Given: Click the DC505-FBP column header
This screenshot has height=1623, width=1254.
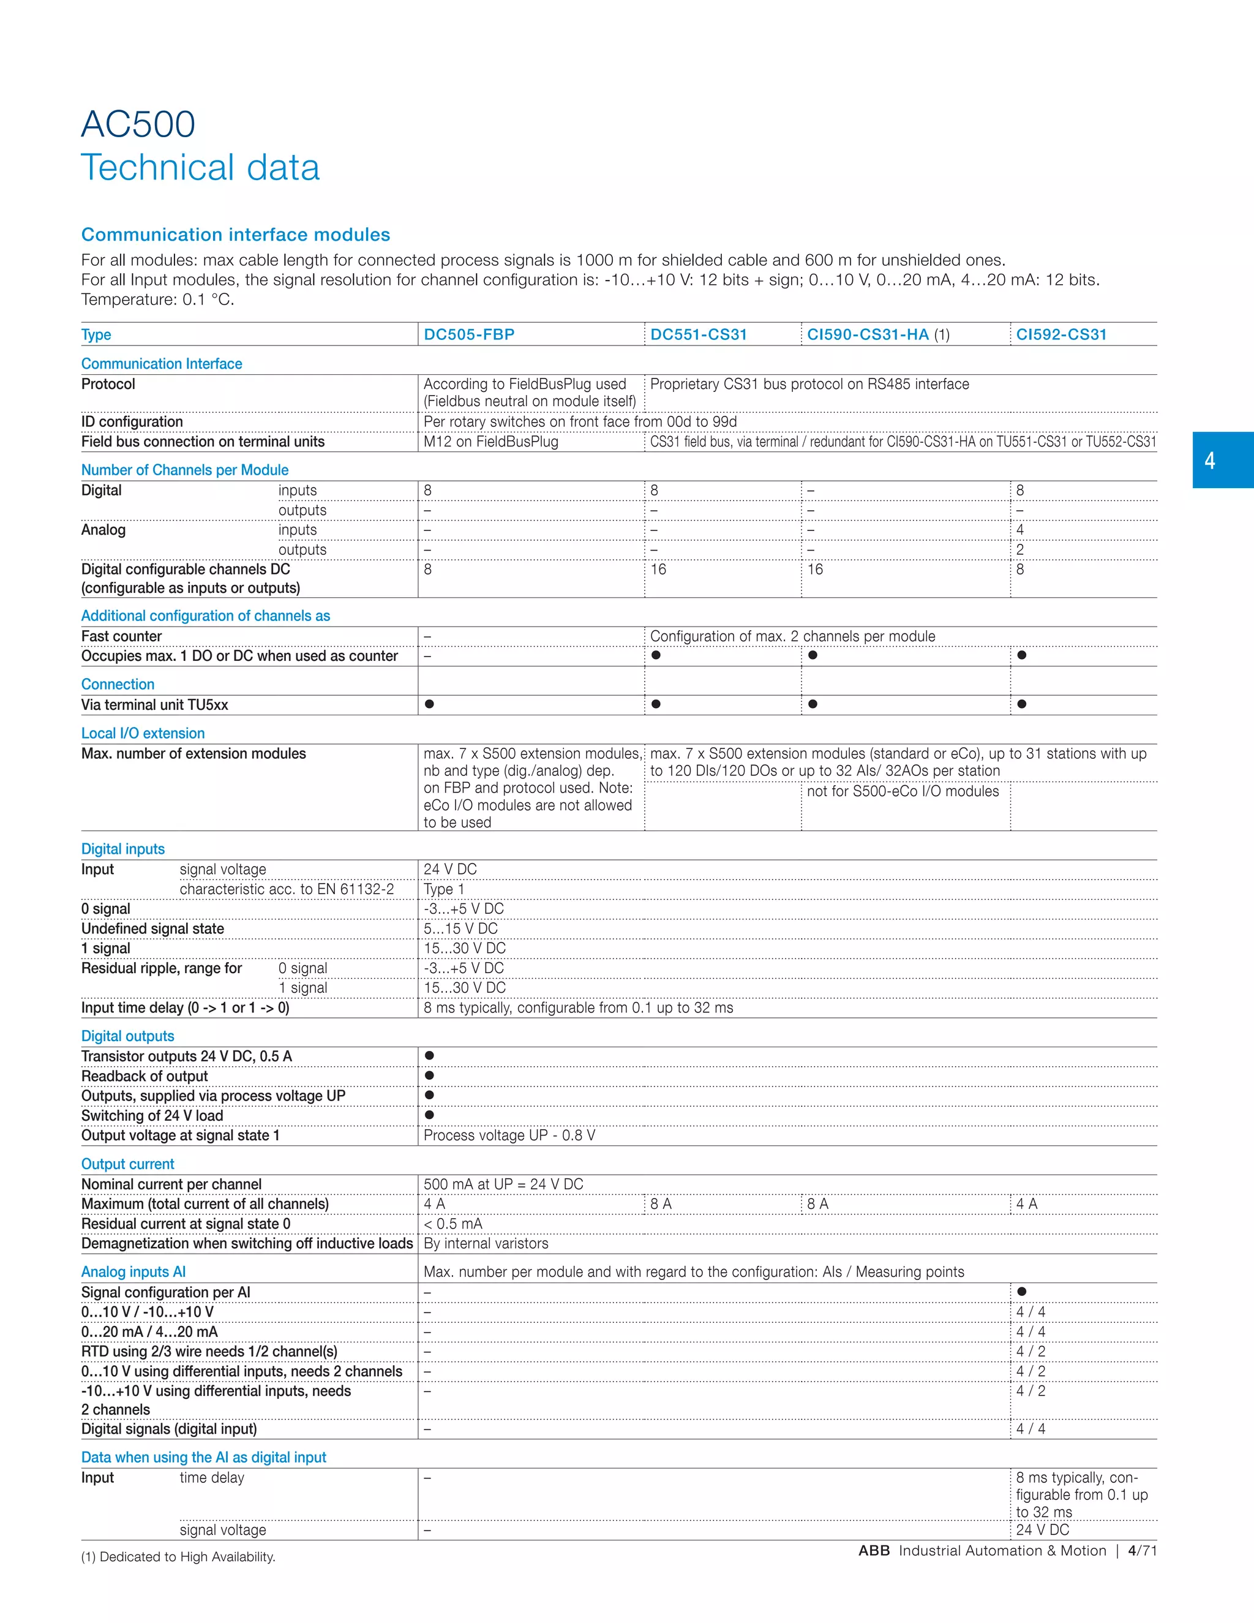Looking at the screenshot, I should pyautogui.click(x=469, y=334).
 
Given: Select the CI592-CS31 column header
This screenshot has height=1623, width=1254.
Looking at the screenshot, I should pyautogui.click(x=1061, y=334).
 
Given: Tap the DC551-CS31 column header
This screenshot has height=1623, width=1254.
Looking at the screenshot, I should pyautogui.click(x=698, y=334).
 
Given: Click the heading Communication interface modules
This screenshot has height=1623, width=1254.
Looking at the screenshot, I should pyautogui.click(x=236, y=235).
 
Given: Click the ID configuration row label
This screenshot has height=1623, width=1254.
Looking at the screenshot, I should pyautogui.click(x=132, y=421).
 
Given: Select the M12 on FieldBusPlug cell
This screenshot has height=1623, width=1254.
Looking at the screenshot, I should pyautogui.click(x=490, y=442).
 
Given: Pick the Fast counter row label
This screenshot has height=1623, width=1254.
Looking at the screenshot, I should pyautogui.click(x=121, y=636).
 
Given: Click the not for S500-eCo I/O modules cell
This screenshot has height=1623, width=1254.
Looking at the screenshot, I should pyautogui.click(x=903, y=791).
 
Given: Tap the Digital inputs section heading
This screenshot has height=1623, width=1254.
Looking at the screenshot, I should pyautogui.click(x=122, y=849).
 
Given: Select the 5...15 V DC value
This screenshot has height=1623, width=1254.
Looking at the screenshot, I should pyautogui.click(x=460, y=928).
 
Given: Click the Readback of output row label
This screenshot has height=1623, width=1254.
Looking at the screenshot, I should pyautogui.click(x=144, y=1076).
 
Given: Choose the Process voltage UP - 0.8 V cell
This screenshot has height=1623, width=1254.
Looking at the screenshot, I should pyautogui.click(x=509, y=1135).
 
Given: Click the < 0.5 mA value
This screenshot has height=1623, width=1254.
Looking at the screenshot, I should pyautogui.click(x=452, y=1223).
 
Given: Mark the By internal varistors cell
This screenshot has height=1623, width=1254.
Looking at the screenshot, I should pyautogui.click(x=486, y=1243).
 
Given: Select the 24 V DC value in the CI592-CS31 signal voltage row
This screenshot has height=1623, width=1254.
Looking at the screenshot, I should pyautogui.click(x=1042, y=1529).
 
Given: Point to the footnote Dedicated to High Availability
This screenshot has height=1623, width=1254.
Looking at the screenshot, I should pyautogui.click(x=178, y=1557).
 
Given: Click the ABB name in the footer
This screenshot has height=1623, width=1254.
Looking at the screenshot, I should pyautogui.click(x=874, y=1551).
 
